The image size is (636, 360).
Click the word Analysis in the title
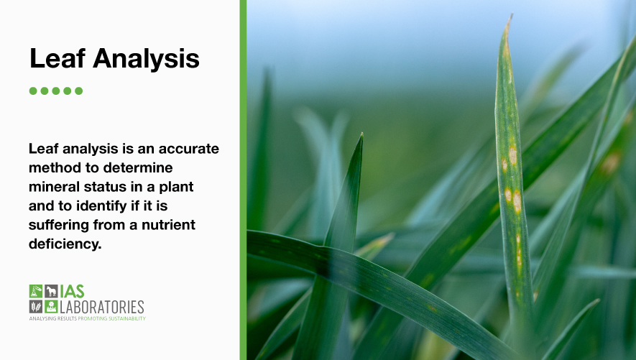144,59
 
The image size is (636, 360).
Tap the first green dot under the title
33,91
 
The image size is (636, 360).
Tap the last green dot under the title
79,91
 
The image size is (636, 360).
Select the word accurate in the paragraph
186,149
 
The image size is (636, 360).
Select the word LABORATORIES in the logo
101,307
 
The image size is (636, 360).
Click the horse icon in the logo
50,291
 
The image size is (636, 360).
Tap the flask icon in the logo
35,291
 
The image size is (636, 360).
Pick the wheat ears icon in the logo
35,307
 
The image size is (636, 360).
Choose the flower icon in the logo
50,307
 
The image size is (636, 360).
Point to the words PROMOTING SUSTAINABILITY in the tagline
111,318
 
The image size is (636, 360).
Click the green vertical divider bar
243,180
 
